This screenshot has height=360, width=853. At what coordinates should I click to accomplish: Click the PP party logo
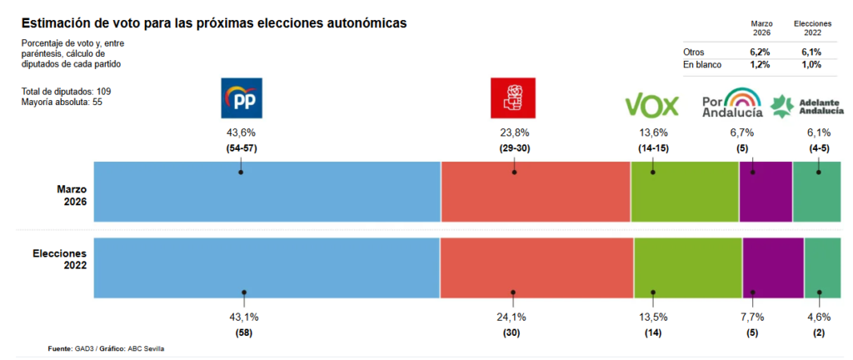point(241,99)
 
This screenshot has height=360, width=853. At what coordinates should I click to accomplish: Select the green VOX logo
point(652,105)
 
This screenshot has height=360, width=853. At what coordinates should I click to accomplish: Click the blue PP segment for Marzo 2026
point(267,192)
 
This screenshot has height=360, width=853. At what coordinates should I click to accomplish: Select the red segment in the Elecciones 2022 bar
point(536,267)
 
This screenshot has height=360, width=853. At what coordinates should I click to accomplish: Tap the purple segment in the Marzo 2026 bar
point(766,192)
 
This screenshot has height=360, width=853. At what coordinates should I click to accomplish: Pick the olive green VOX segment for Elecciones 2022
point(687,267)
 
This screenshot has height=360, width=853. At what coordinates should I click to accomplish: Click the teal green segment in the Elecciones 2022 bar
point(822,267)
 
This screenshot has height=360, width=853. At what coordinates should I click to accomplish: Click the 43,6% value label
point(241,132)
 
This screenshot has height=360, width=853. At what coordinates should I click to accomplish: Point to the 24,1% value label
point(513,317)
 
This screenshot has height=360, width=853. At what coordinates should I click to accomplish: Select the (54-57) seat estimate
point(241,148)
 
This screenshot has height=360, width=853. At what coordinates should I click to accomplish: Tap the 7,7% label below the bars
point(752,317)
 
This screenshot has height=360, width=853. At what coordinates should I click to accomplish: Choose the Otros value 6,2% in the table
point(761,52)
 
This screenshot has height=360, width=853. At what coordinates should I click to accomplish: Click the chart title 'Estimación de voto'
point(213,22)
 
